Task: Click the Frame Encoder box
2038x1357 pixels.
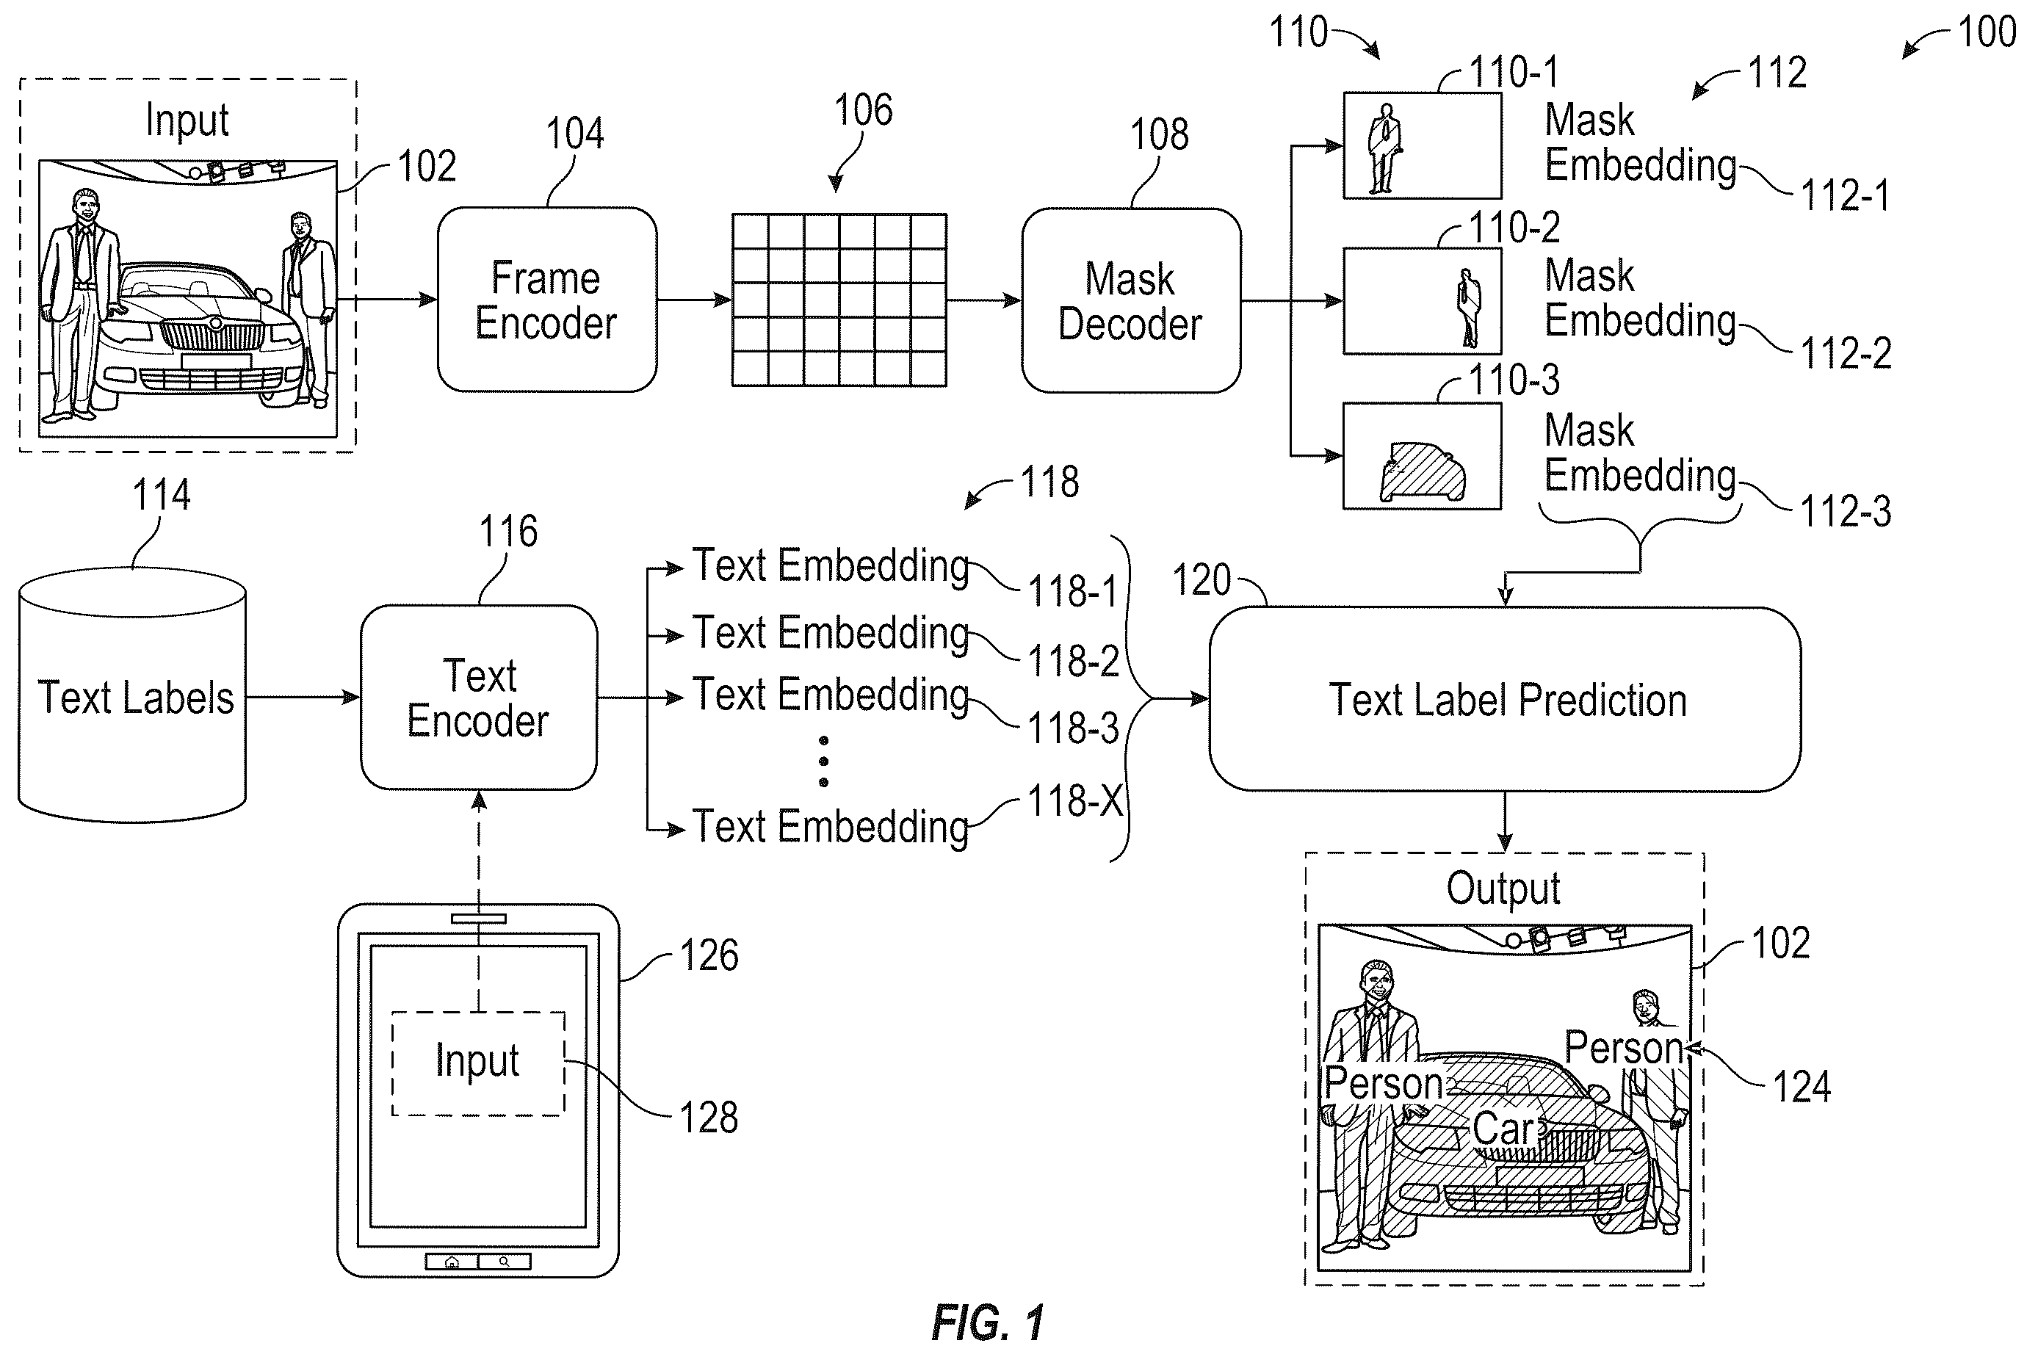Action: tap(546, 300)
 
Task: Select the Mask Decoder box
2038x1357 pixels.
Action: tap(1130, 300)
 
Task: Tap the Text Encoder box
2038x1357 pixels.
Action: tap(479, 698)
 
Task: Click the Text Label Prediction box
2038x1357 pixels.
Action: tap(1505, 699)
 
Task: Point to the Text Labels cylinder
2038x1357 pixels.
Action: tap(132, 695)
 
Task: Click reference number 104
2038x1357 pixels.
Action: tap(574, 134)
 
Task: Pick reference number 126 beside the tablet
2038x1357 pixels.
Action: tap(709, 955)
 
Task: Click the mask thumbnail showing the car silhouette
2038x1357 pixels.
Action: tap(1422, 456)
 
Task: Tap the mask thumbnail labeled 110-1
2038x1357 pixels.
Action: tap(1422, 146)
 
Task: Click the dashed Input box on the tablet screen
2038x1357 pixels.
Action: tap(479, 1063)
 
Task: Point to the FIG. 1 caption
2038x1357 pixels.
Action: tap(987, 1322)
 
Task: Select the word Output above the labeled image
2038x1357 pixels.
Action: tap(1503, 888)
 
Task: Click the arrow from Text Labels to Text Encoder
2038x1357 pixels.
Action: tap(303, 697)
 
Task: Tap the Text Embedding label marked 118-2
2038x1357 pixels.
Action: tap(830, 634)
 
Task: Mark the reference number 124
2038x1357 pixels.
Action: tap(1802, 1086)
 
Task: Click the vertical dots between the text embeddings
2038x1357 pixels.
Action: tap(823, 761)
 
